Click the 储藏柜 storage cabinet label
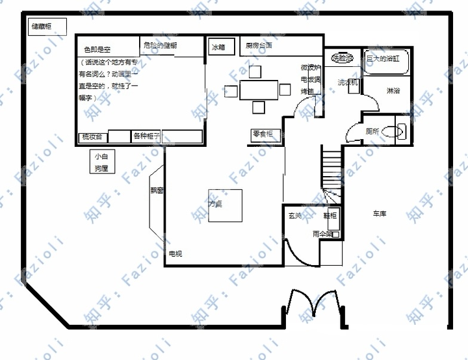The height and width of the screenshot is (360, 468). point(40,27)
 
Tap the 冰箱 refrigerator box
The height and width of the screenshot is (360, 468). point(218,47)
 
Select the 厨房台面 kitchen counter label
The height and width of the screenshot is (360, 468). point(259,46)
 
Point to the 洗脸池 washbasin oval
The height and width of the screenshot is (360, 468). point(343,58)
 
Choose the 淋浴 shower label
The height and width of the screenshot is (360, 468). point(393,90)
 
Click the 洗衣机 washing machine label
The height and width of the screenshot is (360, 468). point(347,83)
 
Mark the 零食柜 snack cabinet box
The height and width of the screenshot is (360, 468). point(266,135)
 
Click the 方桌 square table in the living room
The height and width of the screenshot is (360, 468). point(225,205)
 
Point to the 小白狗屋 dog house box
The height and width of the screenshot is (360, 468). point(101,162)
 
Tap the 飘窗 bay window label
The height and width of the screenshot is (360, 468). point(157,190)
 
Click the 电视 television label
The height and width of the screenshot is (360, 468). point(175,253)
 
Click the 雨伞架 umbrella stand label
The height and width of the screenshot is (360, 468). point(323,233)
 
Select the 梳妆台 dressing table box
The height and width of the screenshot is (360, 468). point(91,136)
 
